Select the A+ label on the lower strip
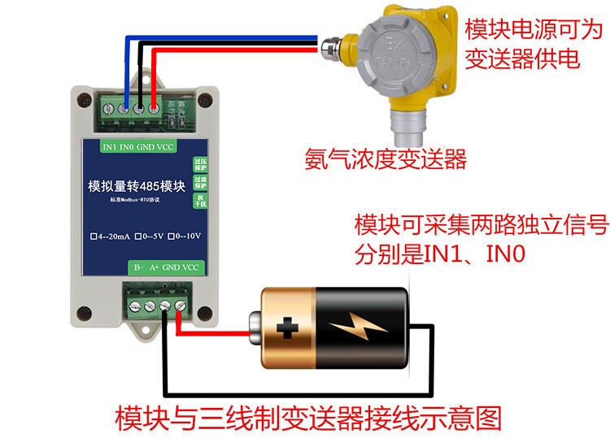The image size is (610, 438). coord(154,267)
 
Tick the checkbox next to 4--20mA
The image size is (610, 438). coord(94,237)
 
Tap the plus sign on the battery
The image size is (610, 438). coord(286,328)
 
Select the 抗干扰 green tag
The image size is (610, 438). coord(199,201)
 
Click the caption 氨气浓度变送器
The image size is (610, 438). coord(386,158)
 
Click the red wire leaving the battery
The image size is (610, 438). coord(211,335)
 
